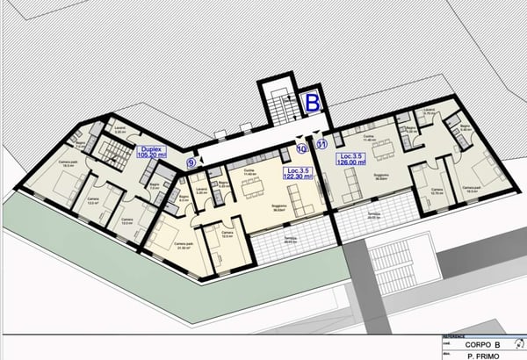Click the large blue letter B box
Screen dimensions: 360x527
coord(311,102)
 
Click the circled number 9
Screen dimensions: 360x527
coord(191,162)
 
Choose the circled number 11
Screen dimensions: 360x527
coord(321,144)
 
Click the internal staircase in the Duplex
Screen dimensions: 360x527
coord(112,154)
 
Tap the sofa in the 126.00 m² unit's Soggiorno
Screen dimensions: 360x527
coord(349,184)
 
